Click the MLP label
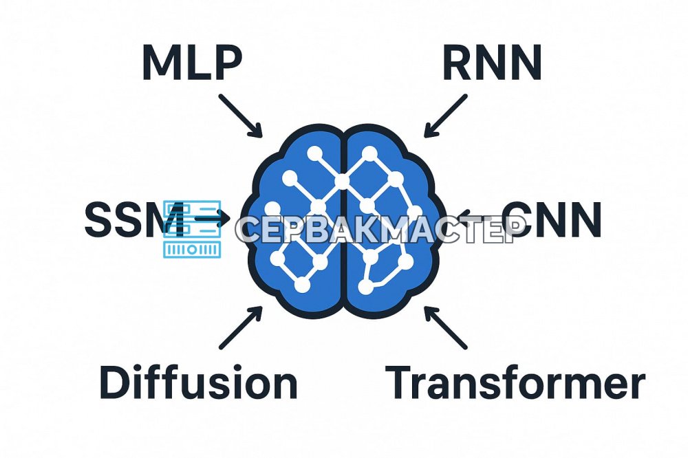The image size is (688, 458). (192, 62)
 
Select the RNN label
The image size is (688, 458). (492, 63)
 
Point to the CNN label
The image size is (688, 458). (552, 219)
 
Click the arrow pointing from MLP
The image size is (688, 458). (240, 116)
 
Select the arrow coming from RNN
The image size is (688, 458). (445, 116)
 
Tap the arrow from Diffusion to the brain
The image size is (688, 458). (240, 328)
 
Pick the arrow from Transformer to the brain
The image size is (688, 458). (445, 328)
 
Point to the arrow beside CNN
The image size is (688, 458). (478, 217)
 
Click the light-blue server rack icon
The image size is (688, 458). (192, 228)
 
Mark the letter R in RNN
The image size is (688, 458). (458, 63)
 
